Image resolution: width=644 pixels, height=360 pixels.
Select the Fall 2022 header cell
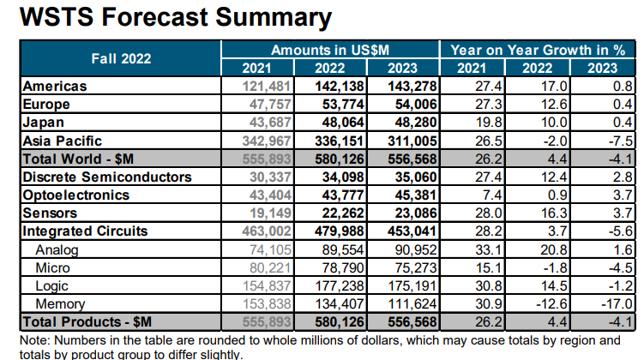(x=121, y=58)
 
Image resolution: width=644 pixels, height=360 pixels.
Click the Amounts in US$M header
(x=330, y=50)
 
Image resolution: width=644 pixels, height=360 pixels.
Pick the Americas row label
(x=55, y=87)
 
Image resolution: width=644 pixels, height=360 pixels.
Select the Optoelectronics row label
(x=75, y=195)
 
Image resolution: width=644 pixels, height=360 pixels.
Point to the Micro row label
(x=52, y=267)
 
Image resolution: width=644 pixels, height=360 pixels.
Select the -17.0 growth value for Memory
(x=615, y=303)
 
